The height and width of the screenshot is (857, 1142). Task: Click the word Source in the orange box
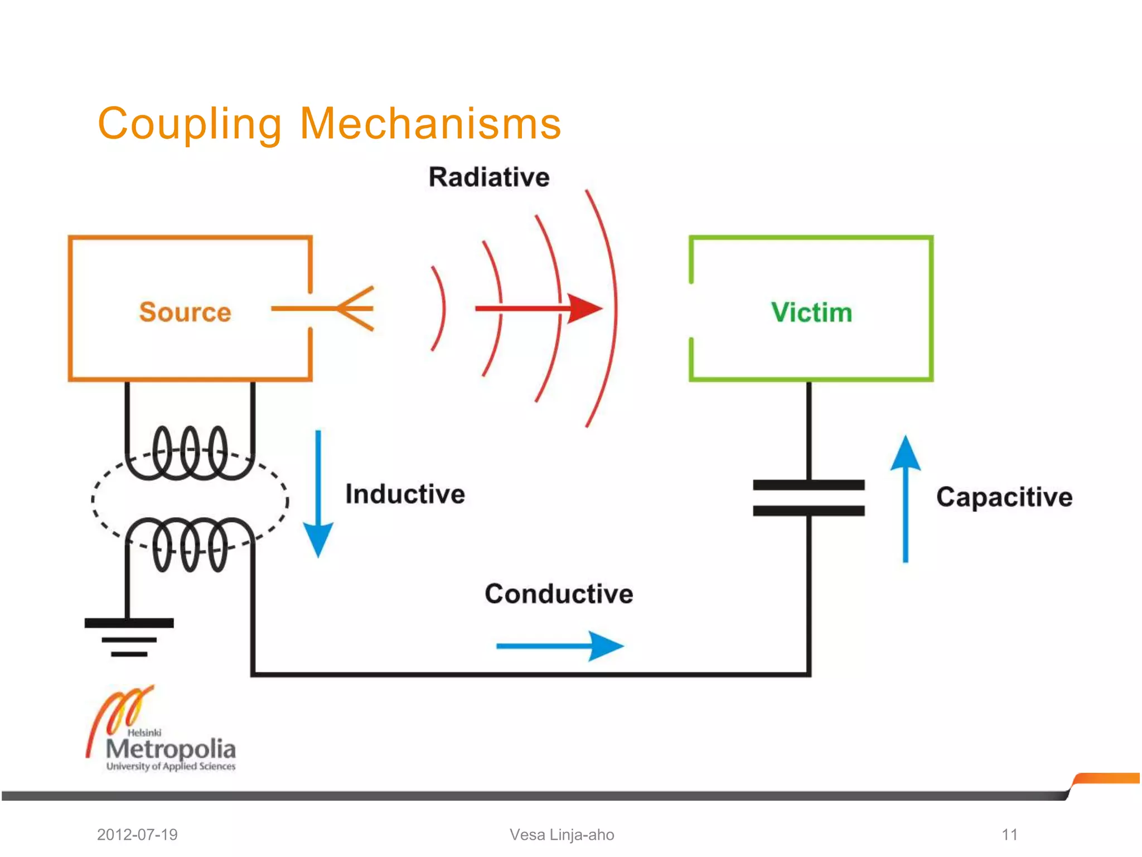click(x=185, y=312)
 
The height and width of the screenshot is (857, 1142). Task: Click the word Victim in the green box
click(x=811, y=312)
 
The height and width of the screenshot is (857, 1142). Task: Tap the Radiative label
click(x=489, y=177)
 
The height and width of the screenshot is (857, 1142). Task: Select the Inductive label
click(x=405, y=494)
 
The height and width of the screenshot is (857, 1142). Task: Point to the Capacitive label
click(x=1004, y=497)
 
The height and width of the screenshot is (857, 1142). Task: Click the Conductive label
click(x=559, y=594)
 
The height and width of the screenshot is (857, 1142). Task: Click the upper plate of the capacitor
click(x=809, y=485)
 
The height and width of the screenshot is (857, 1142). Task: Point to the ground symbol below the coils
click(x=129, y=637)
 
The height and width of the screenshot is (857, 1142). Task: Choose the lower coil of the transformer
click(x=190, y=544)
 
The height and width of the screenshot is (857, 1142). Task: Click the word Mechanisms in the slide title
click(x=430, y=124)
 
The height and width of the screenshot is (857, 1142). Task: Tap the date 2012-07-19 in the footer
click(x=137, y=835)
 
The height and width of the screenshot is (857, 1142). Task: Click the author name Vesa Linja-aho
click(x=562, y=835)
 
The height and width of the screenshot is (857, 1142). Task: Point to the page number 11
click(x=1009, y=835)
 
